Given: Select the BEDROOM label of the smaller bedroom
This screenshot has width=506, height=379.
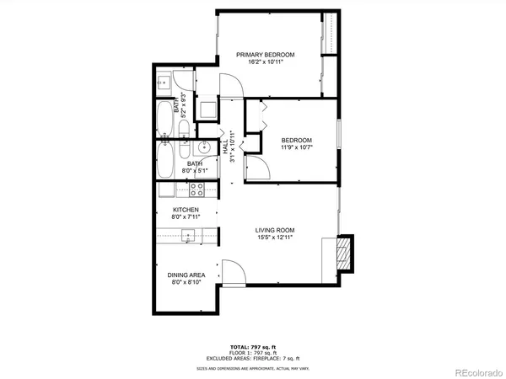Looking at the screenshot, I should click(297, 140).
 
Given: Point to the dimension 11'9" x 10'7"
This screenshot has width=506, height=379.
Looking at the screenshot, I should click(297, 147).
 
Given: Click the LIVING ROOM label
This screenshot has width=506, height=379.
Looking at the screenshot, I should click(275, 229).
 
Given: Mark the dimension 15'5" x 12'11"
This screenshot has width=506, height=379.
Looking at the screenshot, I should click(275, 237).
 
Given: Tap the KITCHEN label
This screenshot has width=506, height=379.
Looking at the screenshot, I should click(186, 210).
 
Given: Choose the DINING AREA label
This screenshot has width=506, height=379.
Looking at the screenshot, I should click(188, 275).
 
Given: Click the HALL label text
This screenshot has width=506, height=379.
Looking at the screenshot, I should click(226, 146).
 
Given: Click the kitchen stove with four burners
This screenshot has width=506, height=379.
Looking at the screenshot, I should click(198, 189).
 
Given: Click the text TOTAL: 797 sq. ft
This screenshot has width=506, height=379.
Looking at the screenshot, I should click(252, 346).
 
